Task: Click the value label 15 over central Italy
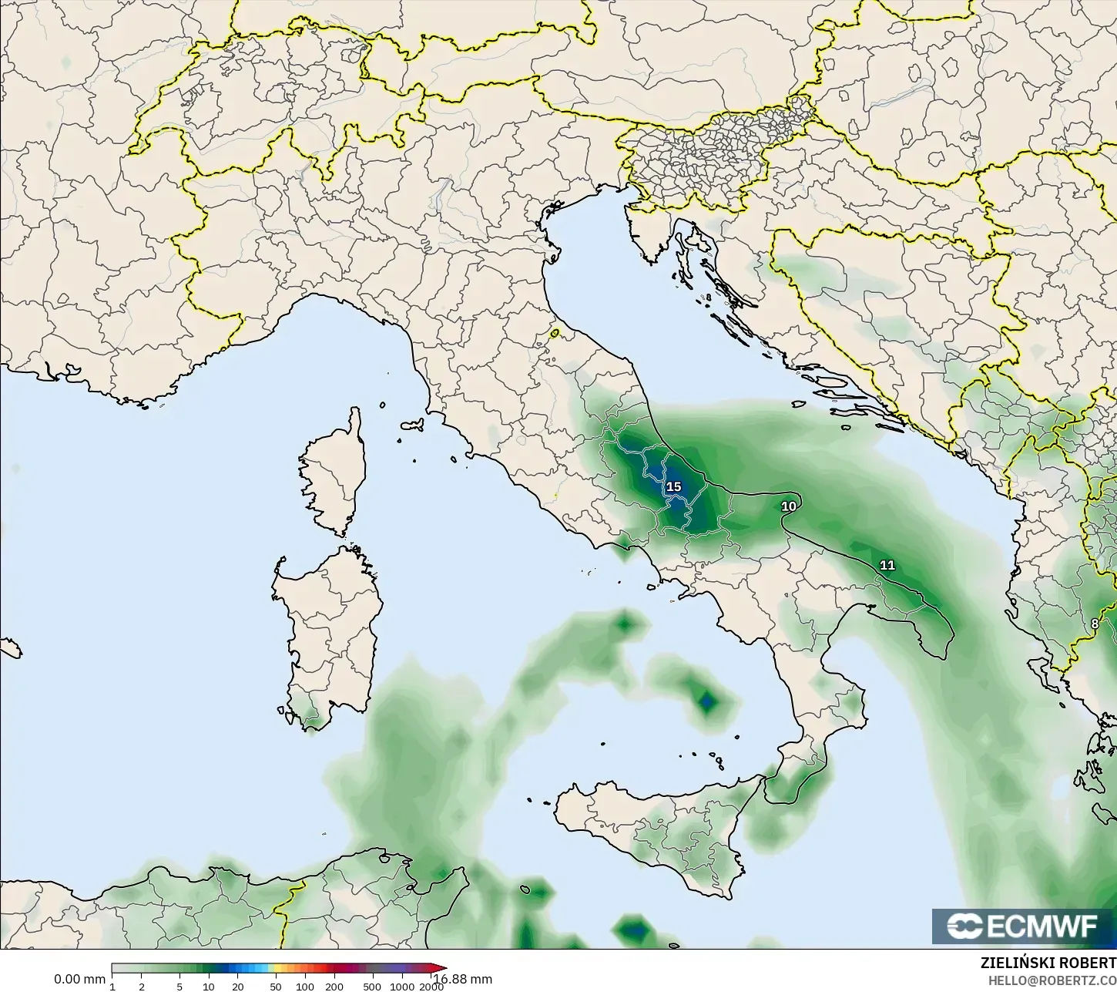pyautogui.click(x=673, y=486)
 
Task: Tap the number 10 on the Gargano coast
pyautogui.click(x=788, y=506)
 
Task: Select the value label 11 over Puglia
pyautogui.click(x=887, y=565)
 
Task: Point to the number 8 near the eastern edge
pyautogui.click(x=1095, y=624)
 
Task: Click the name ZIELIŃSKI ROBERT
pyautogui.click(x=1048, y=963)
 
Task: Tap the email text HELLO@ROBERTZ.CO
pyautogui.click(x=1052, y=980)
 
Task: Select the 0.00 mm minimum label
pyautogui.click(x=79, y=979)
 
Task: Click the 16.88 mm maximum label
pyautogui.click(x=464, y=979)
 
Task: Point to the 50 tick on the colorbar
pyautogui.click(x=276, y=986)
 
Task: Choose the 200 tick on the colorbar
pyautogui.click(x=334, y=986)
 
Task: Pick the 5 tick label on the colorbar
pyautogui.click(x=179, y=986)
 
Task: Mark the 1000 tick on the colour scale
pyautogui.click(x=401, y=986)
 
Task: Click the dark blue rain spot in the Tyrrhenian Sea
pyautogui.click(x=706, y=701)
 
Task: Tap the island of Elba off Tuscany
pyautogui.click(x=411, y=425)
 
